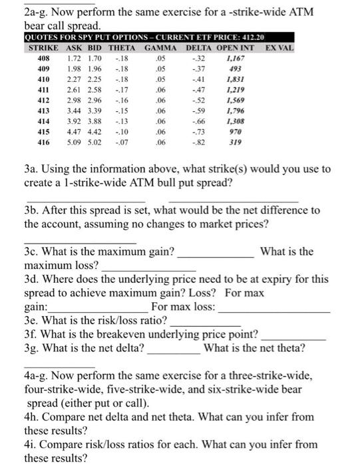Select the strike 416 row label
[x=45, y=142]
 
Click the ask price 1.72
[x=75, y=59]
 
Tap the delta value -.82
[x=196, y=142]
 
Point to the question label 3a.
[x=31, y=170]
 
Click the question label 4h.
[x=31, y=417]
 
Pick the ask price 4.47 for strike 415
[x=75, y=132]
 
